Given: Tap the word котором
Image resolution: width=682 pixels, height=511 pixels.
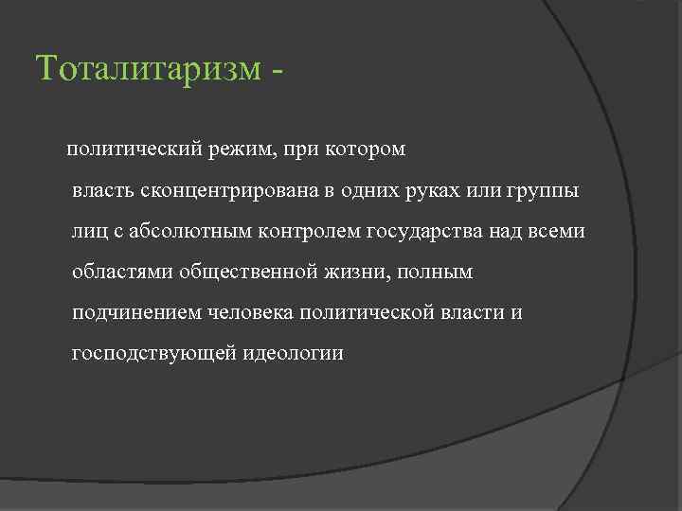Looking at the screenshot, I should pos(365,150).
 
